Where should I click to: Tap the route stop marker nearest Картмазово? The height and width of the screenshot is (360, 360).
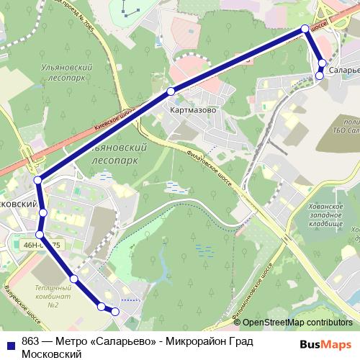click(171, 91)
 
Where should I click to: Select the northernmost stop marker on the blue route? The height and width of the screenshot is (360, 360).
click(305, 28)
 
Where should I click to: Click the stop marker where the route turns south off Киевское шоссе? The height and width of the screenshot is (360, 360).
click(37, 180)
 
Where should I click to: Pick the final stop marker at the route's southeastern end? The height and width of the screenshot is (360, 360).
click(114, 311)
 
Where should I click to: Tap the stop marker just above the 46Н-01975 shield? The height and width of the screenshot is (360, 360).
click(40, 235)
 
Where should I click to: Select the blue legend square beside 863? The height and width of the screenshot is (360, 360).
click(11, 343)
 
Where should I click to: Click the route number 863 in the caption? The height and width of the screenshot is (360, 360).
click(31, 342)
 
